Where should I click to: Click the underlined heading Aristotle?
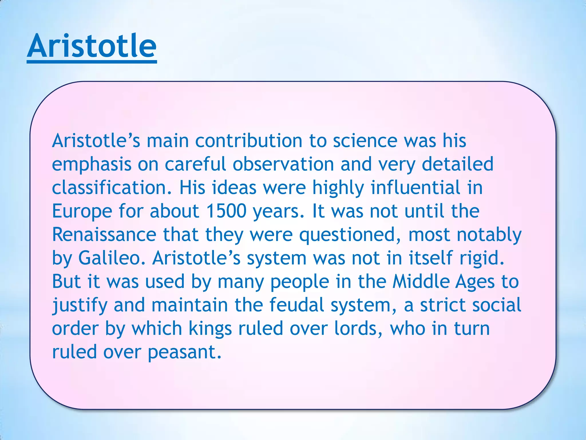(92, 46)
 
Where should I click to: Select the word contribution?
(248, 141)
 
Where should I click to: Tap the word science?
(365, 141)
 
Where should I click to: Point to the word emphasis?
(92, 165)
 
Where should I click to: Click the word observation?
(283, 164)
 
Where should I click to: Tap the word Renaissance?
(104, 235)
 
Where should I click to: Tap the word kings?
(210, 329)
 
